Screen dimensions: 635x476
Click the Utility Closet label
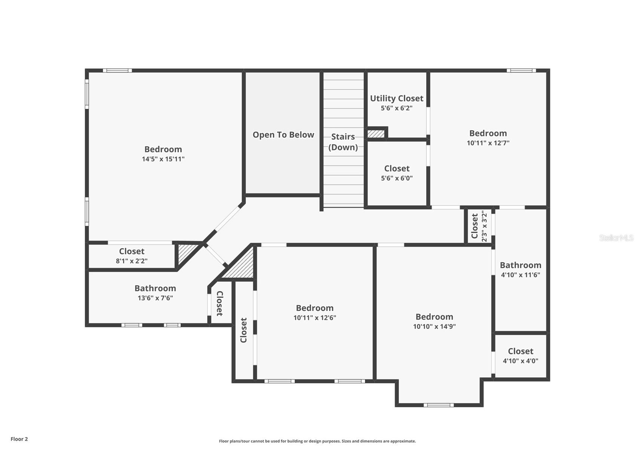coord(397,98)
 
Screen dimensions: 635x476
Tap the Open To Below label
coord(283,135)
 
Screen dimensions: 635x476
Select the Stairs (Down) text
coord(343,142)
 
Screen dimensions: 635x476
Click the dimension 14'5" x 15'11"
coord(163,159)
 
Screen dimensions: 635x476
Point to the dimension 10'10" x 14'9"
coord(434,326)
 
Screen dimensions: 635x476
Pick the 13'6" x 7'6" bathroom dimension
coord(155,298)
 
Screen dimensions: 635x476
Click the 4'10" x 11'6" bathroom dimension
coord(520,275)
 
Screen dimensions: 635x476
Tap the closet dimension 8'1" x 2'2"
coord(132,261)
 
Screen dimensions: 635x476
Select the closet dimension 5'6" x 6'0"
coord(397,178)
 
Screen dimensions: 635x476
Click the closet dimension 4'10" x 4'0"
coord(520,361)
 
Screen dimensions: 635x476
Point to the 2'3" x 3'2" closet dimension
coord(484,226)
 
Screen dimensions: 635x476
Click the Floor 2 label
coord(19,439)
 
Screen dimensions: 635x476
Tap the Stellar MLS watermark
coord(616,238)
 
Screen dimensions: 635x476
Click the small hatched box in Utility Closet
coord(376,134)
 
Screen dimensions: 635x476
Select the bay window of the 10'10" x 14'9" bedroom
coord(439,405)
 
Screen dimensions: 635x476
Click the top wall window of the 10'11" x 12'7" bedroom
coord(521,70)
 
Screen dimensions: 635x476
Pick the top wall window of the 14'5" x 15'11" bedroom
coord(117,70)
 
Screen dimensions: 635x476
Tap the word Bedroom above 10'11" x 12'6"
coord(315,308)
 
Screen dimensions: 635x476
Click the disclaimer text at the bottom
coord(317,441)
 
